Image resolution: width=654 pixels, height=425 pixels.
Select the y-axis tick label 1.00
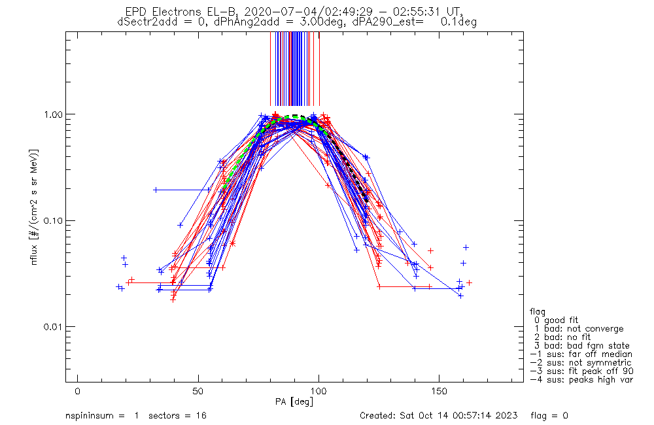pyautogui.click(x=51, y=114)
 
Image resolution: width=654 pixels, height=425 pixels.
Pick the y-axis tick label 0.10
pyautogui.click(x=51, y=220)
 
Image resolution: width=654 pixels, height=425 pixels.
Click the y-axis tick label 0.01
pyautogui.click(x=51, y=327)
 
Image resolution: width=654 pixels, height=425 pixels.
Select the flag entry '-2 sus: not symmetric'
pyautogui.click(x=581, y=362)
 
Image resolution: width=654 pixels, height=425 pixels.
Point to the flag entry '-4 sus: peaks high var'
pyautogui.click(x=581, y=379)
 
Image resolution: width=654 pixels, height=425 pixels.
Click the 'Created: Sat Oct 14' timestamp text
pyautogui.click(x=439, y=416)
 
